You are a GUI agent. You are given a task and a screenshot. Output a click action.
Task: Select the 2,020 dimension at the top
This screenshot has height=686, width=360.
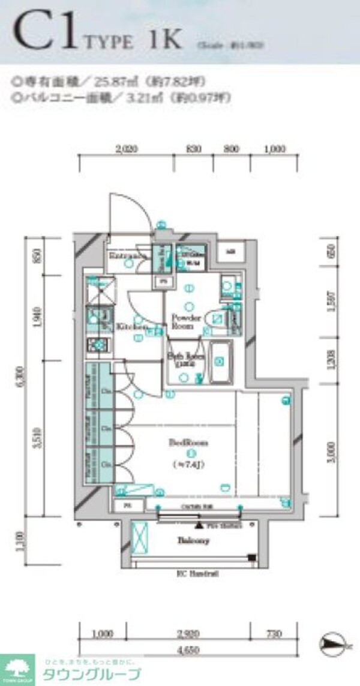click(126, 150)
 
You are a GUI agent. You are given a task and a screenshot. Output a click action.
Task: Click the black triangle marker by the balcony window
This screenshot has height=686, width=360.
click(198, 526)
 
